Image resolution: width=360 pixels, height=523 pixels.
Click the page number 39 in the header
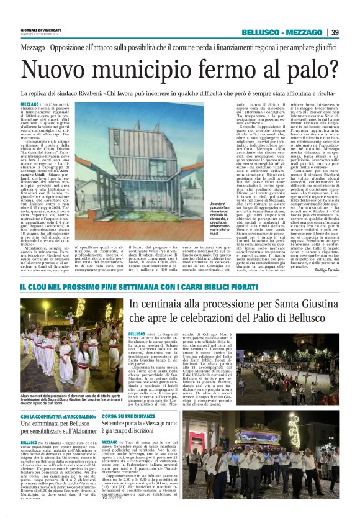(x=335, y=32)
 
